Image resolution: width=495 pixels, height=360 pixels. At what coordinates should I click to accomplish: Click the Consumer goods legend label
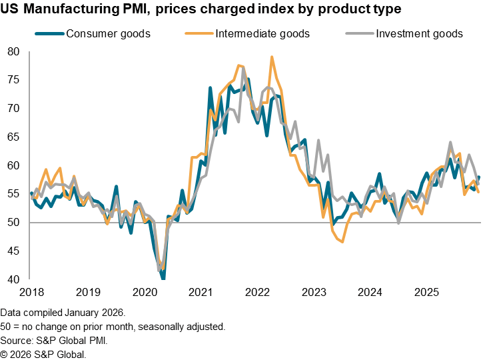pyautogui.click(x=108, y=33)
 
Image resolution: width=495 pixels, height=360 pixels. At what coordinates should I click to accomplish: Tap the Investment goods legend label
pyautogui.click(x=419, y=33)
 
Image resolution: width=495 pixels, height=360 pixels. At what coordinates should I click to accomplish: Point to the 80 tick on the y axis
pyautogui.click(x=14, y=51)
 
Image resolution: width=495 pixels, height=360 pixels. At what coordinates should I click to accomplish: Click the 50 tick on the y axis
pyautogui.click(x=14, y=222)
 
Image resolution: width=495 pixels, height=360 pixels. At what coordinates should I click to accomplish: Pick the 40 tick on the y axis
pyautogui.click(x=14, y=279)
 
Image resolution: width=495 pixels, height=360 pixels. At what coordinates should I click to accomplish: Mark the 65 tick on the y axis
pyautogui.click(x=14, y=137)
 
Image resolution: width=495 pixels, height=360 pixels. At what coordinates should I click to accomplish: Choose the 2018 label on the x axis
pyautogui.click(x=31, y=293)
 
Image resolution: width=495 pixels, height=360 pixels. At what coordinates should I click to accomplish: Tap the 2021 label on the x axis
pyautogui.click(x=201, y=293)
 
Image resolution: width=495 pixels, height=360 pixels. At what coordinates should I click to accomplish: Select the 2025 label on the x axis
pyautogui.click(x=426, y=293)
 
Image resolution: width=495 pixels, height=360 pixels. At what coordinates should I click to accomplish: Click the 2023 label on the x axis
pyautogui.click(x=314, y=293)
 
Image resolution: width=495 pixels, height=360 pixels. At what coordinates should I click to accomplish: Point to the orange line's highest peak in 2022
pyautogui.click(x=272, y=57)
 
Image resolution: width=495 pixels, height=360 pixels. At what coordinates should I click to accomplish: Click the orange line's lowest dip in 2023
pyautogui.click(x=342, y=242)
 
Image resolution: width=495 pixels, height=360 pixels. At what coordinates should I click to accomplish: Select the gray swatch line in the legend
pyautogui.click(x=357, y=33)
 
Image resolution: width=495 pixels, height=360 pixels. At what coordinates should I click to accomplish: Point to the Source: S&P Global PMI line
pyautogui.click(x=55, y=341)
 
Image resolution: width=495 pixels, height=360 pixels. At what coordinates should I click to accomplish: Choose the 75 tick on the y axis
pyautogui.click(x=14, y=79)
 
